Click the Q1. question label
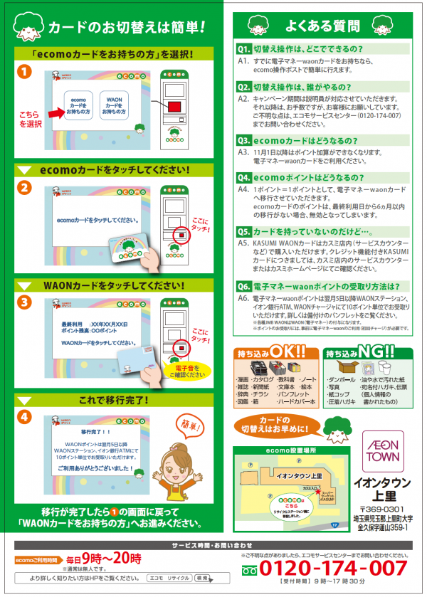[243, 50]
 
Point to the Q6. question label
[243, 286]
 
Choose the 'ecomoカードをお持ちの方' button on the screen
[79, 106]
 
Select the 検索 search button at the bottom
[203, 578]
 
